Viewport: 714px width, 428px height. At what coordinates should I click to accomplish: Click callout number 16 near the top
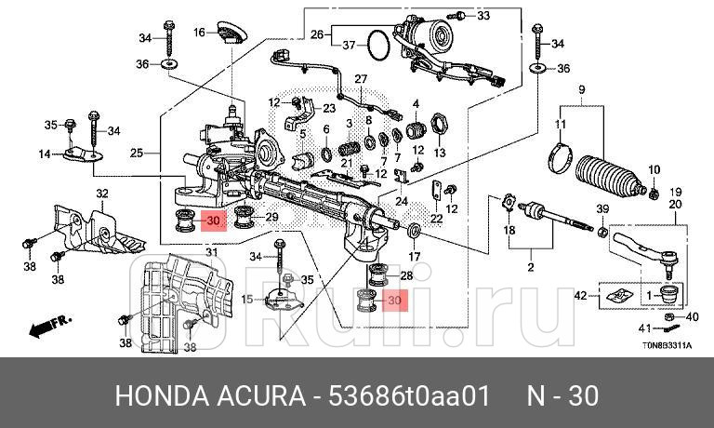(199, 33)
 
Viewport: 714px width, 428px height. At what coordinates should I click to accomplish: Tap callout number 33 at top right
(483, 16)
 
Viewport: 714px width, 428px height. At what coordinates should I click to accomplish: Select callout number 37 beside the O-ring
(349, 46)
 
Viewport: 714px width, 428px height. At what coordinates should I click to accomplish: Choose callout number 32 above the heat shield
(102, 194)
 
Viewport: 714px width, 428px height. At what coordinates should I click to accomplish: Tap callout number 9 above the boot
(581, 89)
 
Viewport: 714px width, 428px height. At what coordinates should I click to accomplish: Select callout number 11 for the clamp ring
(561, 124)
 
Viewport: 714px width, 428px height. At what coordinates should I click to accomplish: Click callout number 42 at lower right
(580, 296)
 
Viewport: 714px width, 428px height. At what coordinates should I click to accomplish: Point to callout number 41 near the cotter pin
(644, 328)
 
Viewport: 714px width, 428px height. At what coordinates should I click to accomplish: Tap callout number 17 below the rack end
(415, 256)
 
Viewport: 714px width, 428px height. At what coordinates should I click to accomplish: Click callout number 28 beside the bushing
(405, 275)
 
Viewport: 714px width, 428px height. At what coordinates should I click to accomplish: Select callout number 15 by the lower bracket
(246, 299)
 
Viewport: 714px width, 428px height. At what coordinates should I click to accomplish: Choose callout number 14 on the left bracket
(44, 154)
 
